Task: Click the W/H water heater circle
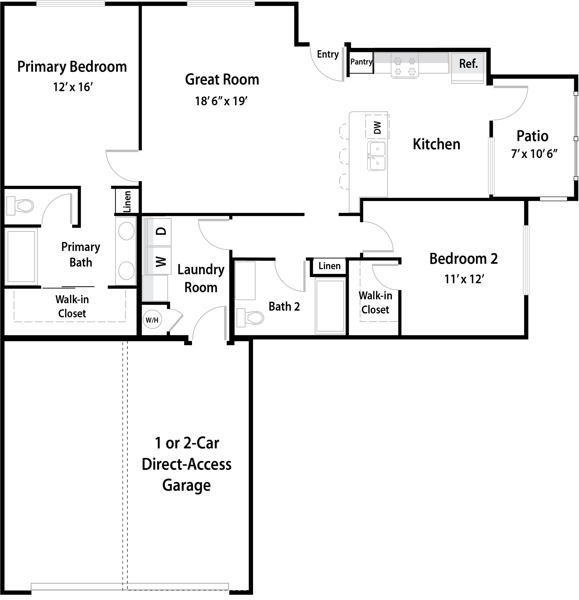[x=152, y=320]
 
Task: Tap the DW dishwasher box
[x=377, y=127]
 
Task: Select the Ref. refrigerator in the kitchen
[x=467, y=68]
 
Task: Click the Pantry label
[x=361, y=62]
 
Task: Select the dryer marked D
[x=158, y=231]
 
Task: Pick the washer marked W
[x=158, y=261]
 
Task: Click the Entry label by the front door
[x=328, y=55]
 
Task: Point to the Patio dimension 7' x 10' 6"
[x=534, y=154]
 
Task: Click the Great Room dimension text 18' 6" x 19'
[x=221, y=101]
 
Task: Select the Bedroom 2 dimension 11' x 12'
[x=464, y=279]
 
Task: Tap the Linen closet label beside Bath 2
[x=329, y=266]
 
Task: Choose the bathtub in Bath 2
[x=330, y=306]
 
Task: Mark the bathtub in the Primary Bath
[x=21, y=256]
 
